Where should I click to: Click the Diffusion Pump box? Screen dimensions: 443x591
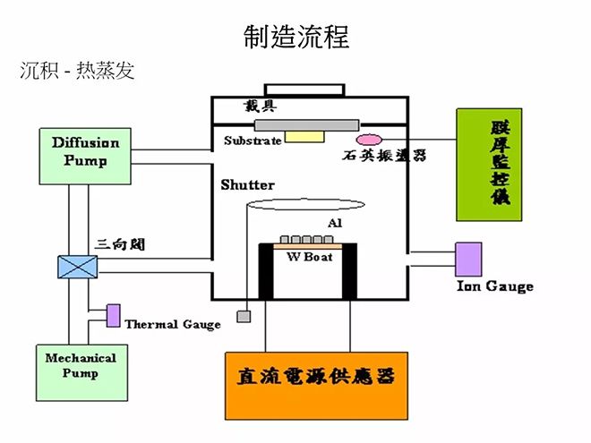coord(85,156)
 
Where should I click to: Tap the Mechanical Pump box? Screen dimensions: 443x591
coord(80,364)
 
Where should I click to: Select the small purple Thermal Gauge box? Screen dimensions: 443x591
coord(114,315)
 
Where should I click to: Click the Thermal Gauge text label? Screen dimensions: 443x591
coord(172,324)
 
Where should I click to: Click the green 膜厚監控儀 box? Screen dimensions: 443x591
coord(488,165)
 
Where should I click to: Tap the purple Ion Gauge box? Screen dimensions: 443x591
coord(468,259)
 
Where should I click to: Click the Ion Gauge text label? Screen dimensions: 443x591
coord(494,286)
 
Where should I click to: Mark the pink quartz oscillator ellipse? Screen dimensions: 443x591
coord(368,140)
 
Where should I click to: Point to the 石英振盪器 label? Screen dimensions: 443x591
coord(384,156)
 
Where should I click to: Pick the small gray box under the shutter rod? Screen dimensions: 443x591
coord(243,316)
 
